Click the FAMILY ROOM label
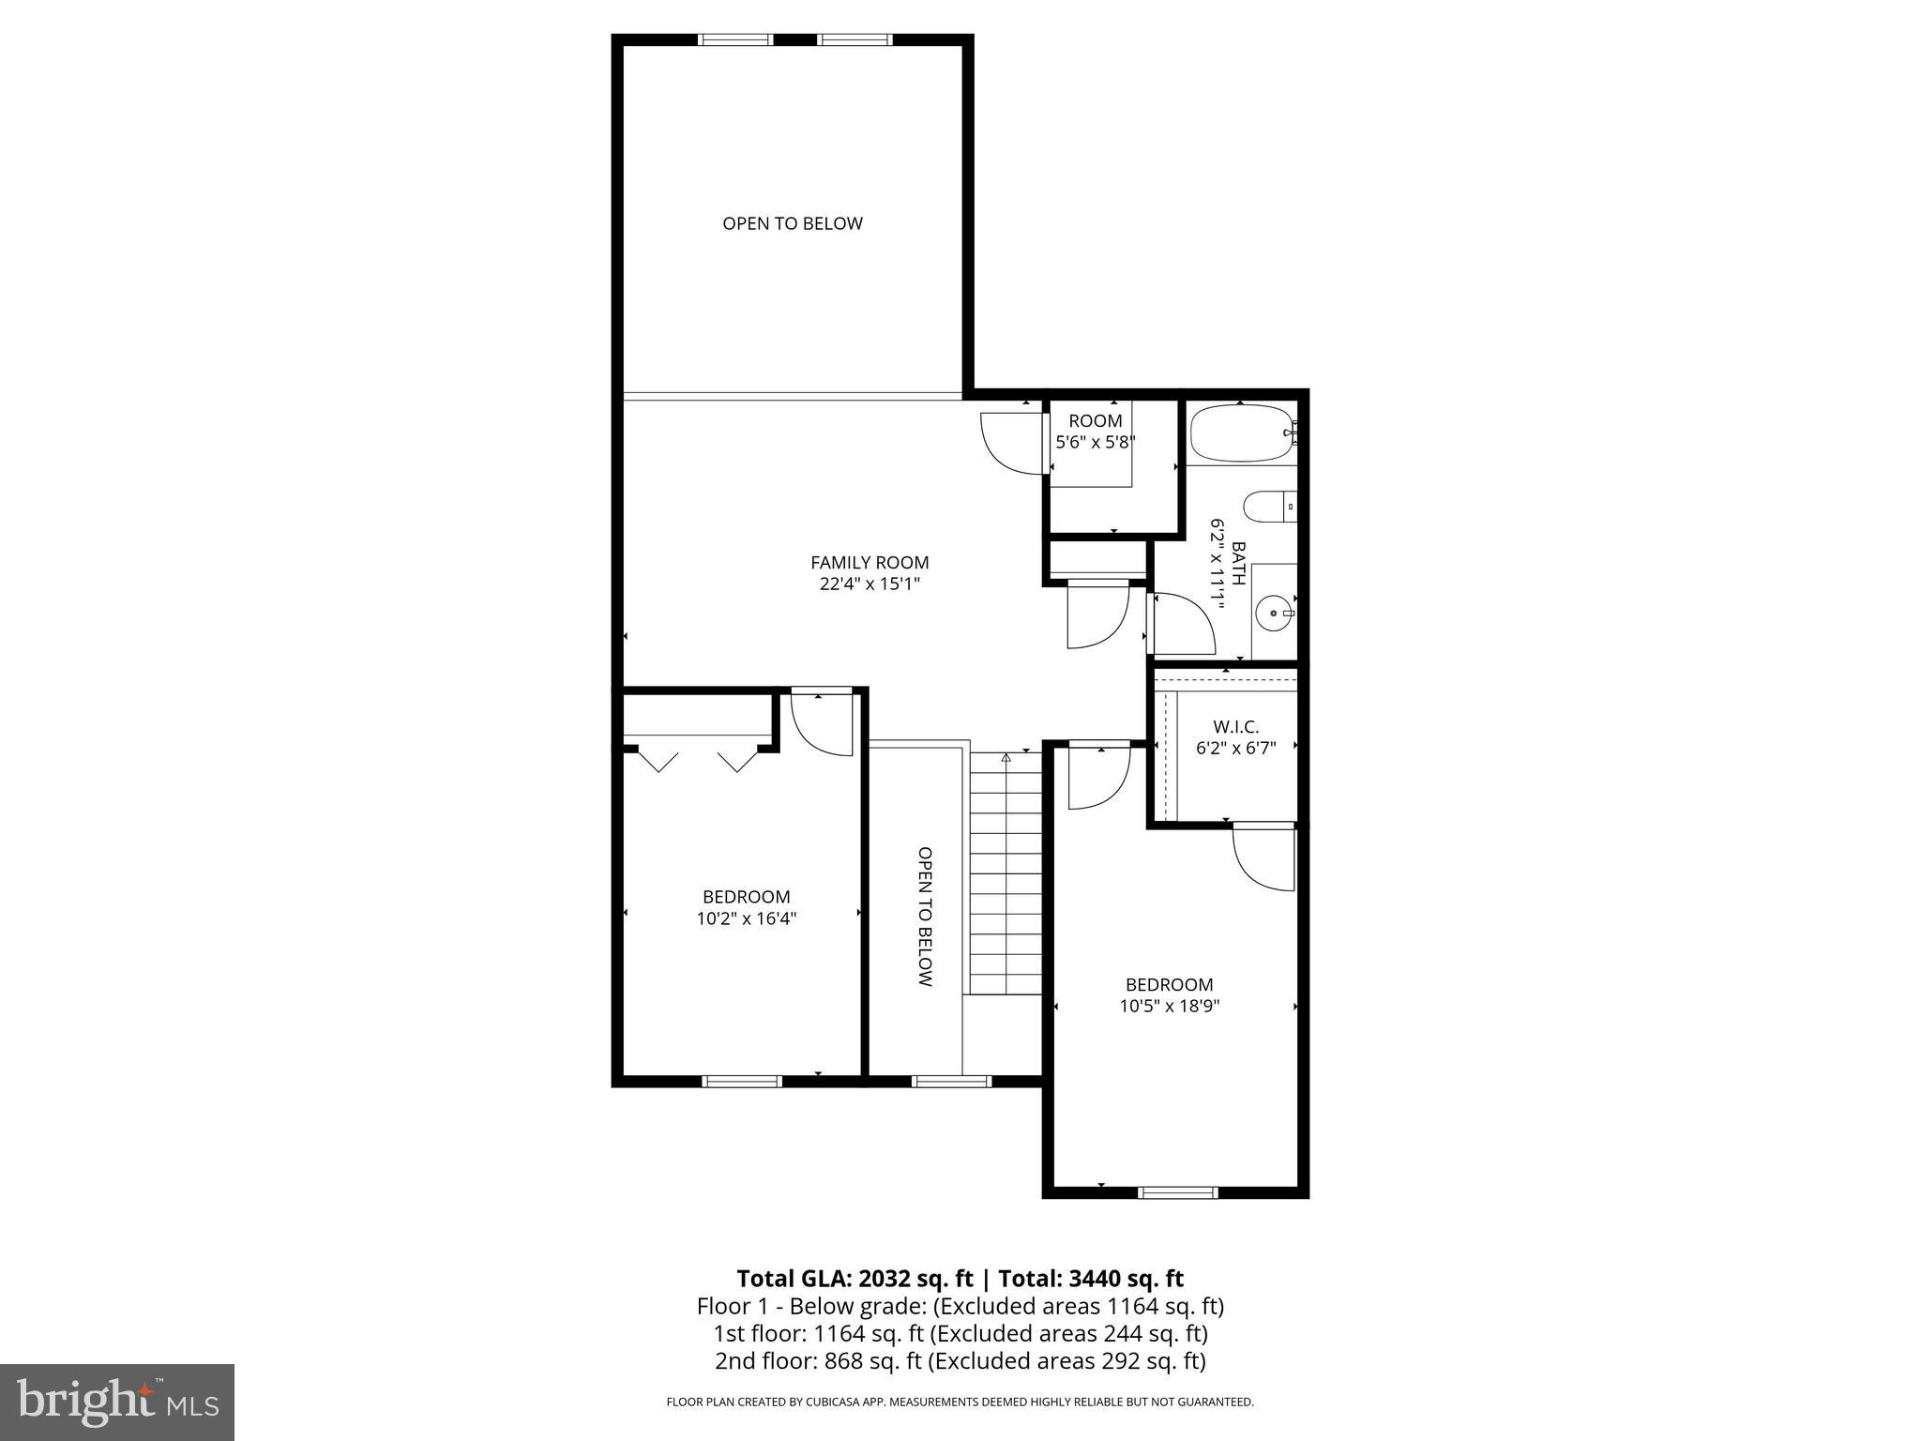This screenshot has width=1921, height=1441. [870, 563]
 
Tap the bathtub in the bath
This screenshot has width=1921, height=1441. [1240, 433]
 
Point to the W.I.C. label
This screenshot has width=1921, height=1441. [1235, 727]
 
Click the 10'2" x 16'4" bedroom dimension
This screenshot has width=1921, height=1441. [746, 918]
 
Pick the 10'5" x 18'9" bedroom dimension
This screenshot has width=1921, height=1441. [1170, 1007]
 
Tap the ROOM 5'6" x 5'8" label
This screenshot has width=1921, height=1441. [1096, 432]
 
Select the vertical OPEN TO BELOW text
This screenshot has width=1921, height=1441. [925, 917]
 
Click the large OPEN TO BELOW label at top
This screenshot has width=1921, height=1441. [792, 223]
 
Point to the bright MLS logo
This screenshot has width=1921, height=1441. [116, 1402]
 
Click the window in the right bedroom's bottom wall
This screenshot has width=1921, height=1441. [1177, 1192]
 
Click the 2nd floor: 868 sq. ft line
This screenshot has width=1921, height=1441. [960, 1361]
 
